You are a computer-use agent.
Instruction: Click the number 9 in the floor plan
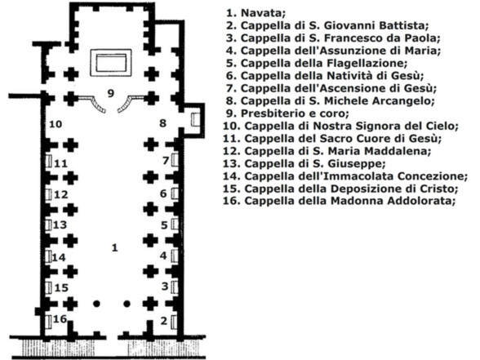click(111, 93)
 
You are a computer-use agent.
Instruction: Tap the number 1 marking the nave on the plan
click(114, 247)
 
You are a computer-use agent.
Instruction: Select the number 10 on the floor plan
click(56, 124)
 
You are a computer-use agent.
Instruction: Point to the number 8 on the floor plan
click(163, 123)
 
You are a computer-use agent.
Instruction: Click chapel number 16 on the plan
click(60, 319)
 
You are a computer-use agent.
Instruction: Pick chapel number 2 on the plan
click(164, 321)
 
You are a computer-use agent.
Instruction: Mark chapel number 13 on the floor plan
click(60, 225)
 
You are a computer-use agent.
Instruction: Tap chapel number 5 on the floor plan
click(164, 225)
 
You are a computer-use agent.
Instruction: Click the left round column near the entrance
click(96, 304)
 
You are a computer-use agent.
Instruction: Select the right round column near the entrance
click(127, 304)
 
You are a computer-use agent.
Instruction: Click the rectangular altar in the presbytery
click(111, 63)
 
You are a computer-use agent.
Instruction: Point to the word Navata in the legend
click(263, 13)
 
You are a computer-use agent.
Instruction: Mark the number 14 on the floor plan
click(59, 258)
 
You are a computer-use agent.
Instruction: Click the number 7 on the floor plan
click(166, 160)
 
